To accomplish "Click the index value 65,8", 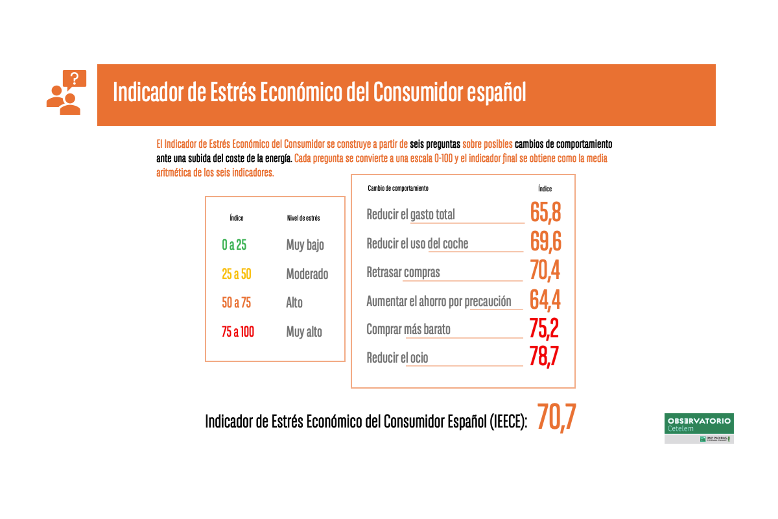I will (545, 213).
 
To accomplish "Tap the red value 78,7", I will (544, 356).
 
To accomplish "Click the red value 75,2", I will (544, 328).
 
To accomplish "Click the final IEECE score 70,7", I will (556, 419).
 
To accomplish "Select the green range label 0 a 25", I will (234, 245).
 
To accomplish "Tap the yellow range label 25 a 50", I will (236, 274).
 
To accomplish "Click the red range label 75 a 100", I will (238, 332).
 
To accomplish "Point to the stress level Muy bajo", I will (305, 245).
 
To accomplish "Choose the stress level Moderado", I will (307, 274).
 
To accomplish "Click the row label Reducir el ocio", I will (397, 357).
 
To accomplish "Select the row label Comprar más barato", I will (408, 329).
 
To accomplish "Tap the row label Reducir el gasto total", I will (411, 214).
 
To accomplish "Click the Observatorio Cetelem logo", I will (699, 428).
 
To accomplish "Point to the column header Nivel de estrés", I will (303, 218).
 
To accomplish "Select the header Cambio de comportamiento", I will (398, 188).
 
